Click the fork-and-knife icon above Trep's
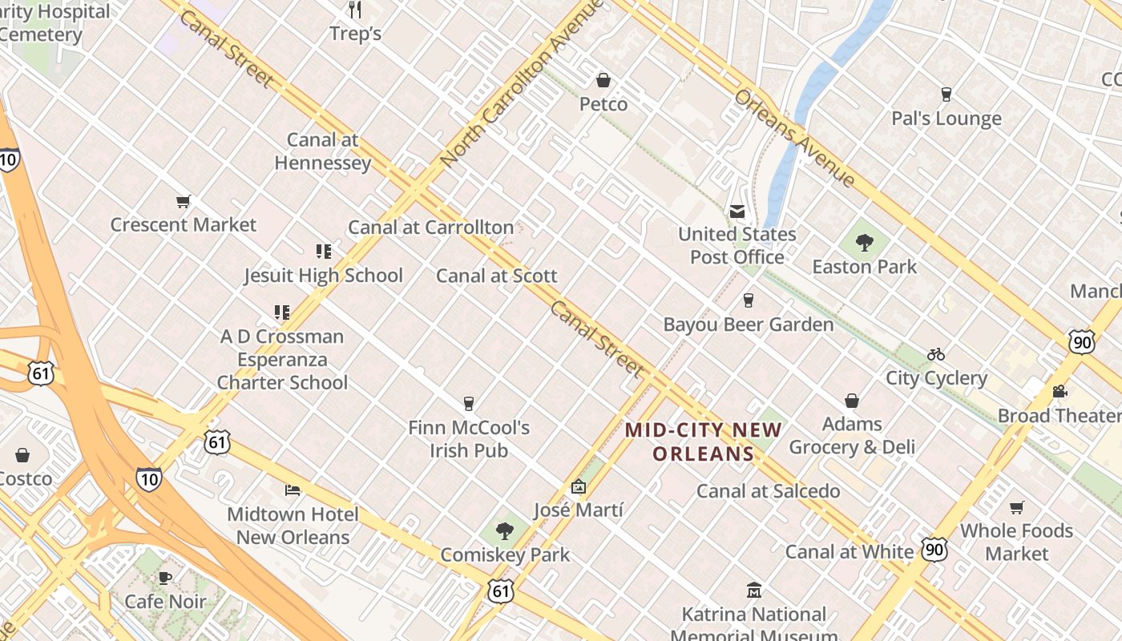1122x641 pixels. pyautogui.click(x=356, y=10)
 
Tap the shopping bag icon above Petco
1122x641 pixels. pyautogui.click(x=603, y=80)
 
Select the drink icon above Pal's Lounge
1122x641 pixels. pyautogui.click(x=946, y=95)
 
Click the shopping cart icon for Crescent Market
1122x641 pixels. pyautogui.click(x=184, y=201)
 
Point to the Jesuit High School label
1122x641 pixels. pyautogui.click(x=323, y=276)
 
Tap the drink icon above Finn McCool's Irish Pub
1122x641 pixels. pyautogui.click(x=469, y=404)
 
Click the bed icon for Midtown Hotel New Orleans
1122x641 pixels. pyautogui.click(x=293, y=490)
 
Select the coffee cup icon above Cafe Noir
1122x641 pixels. pyautogui.click(x=165, y=578)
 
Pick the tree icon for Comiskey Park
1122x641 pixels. pyautogui.click(x=505, y=530)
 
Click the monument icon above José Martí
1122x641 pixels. pyautogui.click(x=578, y=486)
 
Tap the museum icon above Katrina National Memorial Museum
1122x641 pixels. pyautogui.click(x=753, y=591)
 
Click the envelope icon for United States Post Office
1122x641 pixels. pyautogui.click(x=737, y=212)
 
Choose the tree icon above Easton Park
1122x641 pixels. pyautogui.click(x=864, y=242)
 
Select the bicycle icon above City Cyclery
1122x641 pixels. pyautogui.click(x=935, y=354)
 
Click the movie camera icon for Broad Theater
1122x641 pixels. pyautogui.click(x=1059, y=392)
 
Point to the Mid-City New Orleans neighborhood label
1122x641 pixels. pyautogui.click(x=704, y=441)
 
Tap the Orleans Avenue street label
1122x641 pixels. pyautogui.click(x=795, y=138)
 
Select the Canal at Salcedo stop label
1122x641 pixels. pyautogui.click(x=768, y=491)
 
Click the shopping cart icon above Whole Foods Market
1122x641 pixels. pyautogui.click(x=1016, y=507)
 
